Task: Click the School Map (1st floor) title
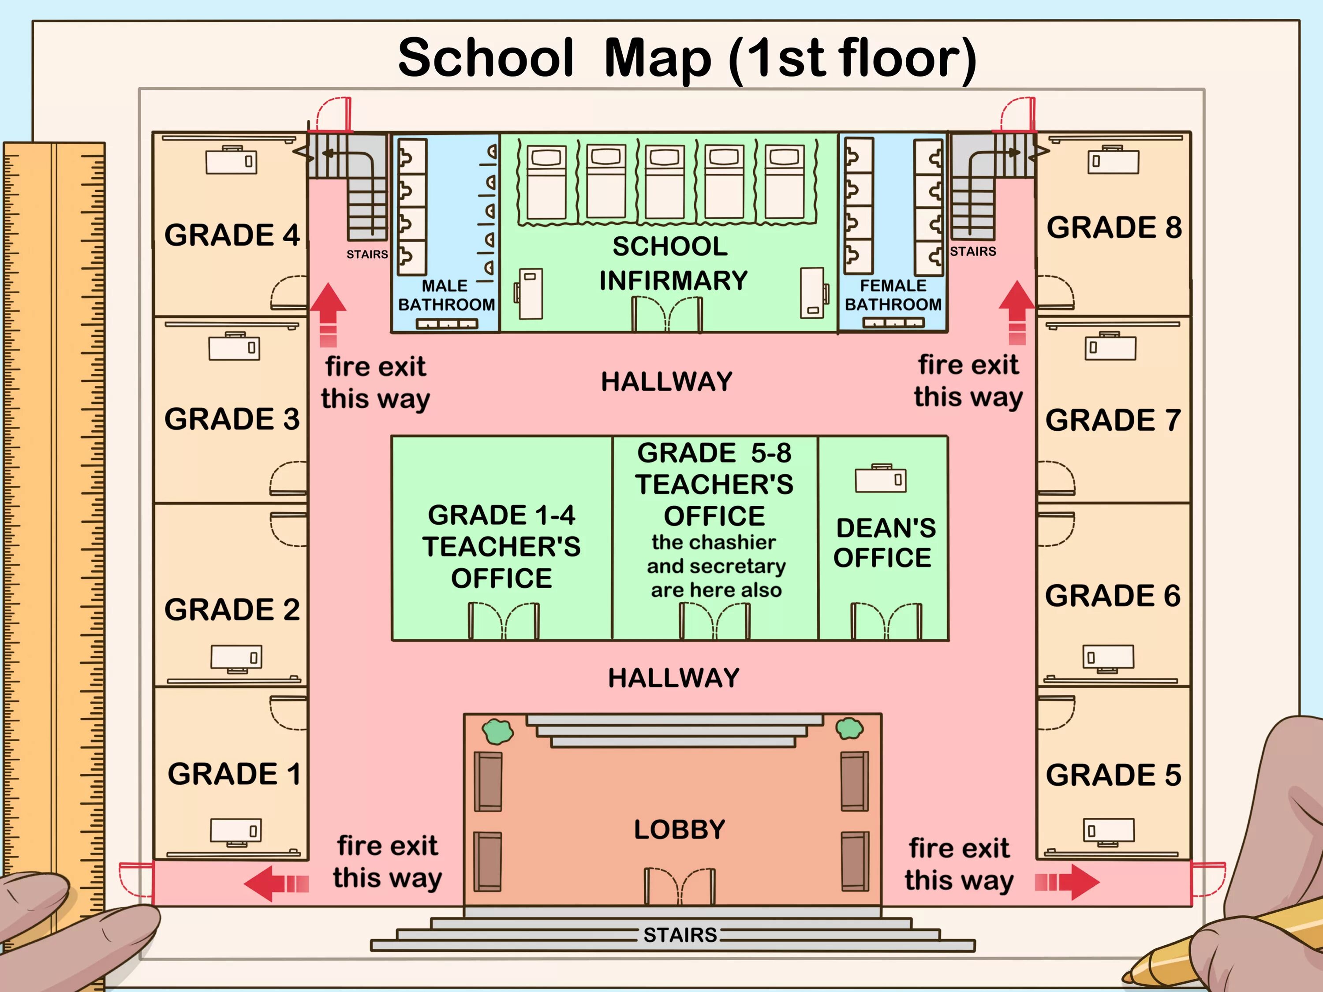pos(687,58)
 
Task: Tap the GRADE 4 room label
pos(232,235)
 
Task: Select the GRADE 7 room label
pos(1113,420)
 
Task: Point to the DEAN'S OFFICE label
pos(885,543)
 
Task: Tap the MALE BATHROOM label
pos(446,295)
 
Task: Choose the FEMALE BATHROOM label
pos(893,295)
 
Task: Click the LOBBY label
pos(680,829)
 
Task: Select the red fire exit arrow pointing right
pos(1067,882)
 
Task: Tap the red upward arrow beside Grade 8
pos(1017,313)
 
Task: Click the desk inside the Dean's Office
pos(880,478)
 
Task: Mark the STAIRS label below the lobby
pos(680,935)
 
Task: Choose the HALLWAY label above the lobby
pos(674,678)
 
